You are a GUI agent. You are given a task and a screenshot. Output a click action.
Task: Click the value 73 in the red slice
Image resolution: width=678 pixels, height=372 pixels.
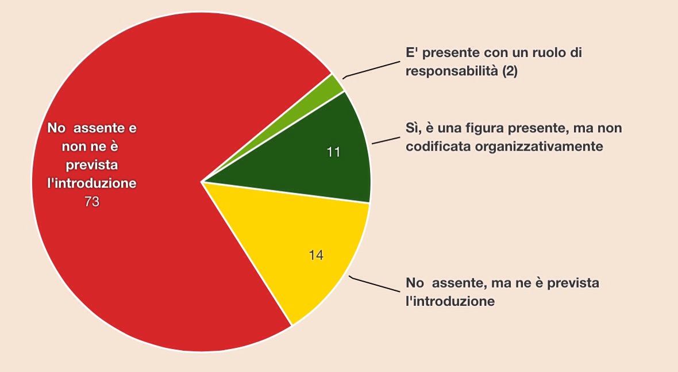(x=92, y=202)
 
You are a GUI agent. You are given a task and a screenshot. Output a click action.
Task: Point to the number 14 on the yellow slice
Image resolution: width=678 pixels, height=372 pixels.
(x=315, y=255)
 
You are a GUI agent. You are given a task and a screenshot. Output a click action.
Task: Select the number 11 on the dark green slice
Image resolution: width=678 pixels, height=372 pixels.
(x=333, y=152)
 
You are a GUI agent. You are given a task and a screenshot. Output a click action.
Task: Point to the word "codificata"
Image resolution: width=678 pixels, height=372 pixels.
(x=438, y=147)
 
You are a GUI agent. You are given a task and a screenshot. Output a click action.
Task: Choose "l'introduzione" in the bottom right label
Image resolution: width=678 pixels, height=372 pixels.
(x=450, y=301)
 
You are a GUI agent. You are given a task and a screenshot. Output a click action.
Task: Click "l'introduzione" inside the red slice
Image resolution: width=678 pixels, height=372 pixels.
(x=92, y=183)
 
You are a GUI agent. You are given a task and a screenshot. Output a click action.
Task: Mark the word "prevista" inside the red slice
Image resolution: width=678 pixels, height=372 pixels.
(x=92, y=165)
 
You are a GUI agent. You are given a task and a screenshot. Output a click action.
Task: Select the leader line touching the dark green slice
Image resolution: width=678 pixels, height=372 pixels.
(x=386, y=140)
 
